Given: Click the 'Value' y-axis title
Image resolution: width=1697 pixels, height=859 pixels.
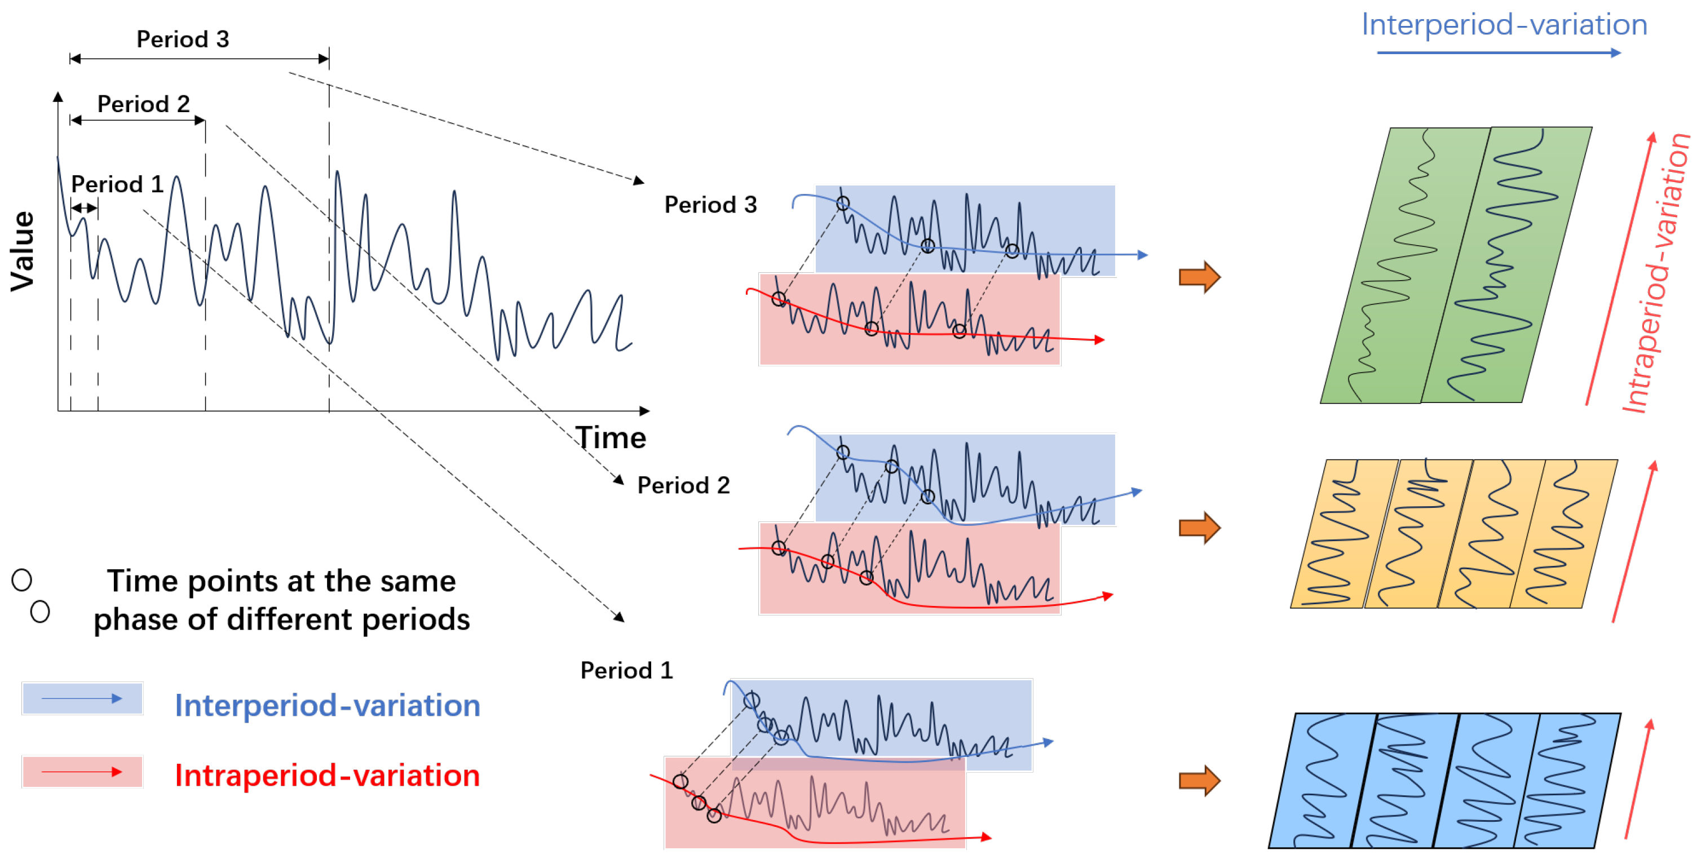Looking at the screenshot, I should tap(23, 251).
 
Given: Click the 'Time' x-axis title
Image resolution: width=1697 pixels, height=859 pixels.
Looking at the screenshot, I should tap(610, 438).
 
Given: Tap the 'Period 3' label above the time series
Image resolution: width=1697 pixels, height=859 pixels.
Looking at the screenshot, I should tap(183, 39).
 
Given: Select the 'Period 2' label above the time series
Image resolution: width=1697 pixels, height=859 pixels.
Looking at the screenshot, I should tap(143, 104).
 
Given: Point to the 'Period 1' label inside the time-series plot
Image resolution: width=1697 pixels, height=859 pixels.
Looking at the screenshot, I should tap(117, 184).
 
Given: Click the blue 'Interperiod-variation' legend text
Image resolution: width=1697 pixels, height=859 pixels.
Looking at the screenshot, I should tap(327, 706).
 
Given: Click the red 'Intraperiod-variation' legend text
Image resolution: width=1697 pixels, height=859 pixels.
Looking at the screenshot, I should tap(327, 776).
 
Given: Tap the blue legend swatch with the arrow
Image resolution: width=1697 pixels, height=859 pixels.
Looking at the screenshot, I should tap(82, 698).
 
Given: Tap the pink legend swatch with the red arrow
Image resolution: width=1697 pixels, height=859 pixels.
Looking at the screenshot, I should tap(82, 772).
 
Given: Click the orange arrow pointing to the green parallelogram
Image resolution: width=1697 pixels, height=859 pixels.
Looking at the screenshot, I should tap(1199, 277).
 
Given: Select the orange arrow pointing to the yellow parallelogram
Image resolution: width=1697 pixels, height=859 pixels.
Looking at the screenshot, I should tap(1199, 528).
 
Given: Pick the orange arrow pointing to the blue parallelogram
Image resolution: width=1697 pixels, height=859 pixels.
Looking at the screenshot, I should tap(1199, 781).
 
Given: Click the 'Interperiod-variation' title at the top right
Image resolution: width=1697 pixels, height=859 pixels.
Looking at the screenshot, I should tap(1504, 25).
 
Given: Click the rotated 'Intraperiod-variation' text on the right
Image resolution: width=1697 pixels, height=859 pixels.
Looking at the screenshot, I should tap(1655, 273).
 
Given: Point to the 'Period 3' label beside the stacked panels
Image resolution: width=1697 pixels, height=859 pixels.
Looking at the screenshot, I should tap(710, 205).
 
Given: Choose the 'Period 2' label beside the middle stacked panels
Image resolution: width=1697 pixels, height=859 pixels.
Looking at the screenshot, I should tap(683, 485).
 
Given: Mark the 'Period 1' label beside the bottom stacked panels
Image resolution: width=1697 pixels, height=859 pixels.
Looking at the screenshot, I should tap(626, 671).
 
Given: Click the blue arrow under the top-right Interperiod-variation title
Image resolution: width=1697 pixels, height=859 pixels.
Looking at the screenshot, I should tap(1498, 52).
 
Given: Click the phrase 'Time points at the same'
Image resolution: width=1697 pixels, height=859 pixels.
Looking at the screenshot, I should tap(281, 581).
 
